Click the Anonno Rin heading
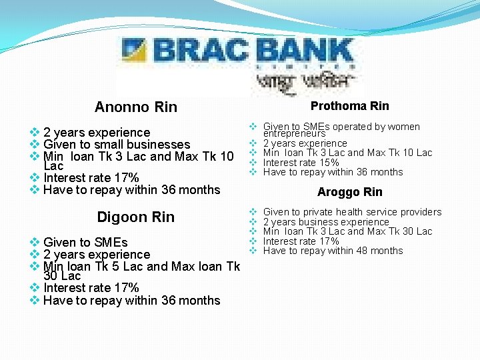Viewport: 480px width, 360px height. click(x=136, y=107)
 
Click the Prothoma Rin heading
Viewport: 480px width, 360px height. click(x=349, y=106)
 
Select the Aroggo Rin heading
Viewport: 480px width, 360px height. click(x=349, y=192)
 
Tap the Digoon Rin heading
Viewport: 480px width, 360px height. click(x=136, y=217)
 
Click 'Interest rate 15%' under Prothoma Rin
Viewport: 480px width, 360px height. click(x=301, y=163)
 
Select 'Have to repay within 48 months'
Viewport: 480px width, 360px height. click(x=333, y=251)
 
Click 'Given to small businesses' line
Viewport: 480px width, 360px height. click(x=117, y=145)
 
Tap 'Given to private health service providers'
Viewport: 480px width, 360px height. click(x=352, y=212)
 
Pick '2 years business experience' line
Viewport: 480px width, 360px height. click(x=326, y=222)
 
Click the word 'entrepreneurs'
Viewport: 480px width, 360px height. click(x=294, y=134)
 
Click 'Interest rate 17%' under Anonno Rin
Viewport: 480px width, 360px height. click(x=91, y=178)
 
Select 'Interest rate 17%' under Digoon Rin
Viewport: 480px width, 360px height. click(x=91, y=288)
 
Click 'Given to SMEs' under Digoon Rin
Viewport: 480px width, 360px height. click(x=85, y=242)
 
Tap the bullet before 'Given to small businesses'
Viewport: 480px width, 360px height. click(x=35, y=145)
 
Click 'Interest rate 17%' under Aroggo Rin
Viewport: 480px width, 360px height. click(x=301, y=241)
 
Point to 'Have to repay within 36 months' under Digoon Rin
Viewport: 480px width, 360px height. click(x=131, y=301)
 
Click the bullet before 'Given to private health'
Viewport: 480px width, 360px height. click(x=253, y=212)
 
